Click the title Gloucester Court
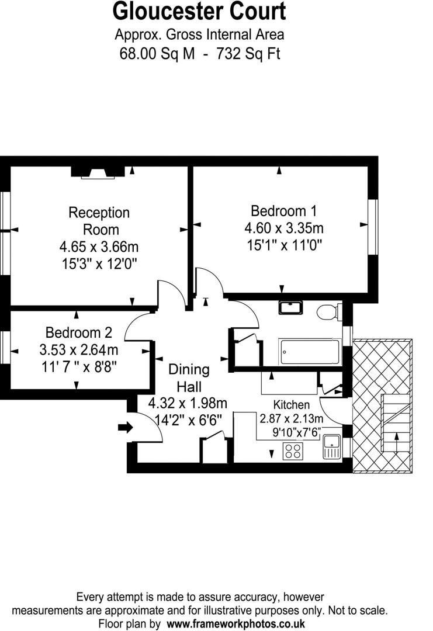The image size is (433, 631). point(199,12)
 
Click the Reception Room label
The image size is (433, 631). point(99,220)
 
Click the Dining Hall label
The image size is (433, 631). point(189,377)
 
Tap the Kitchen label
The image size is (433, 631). point(292,405)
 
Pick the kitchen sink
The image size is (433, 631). point(331,448)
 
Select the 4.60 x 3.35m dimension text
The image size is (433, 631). point(287,227)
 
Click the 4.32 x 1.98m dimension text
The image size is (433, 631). point(188,403)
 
